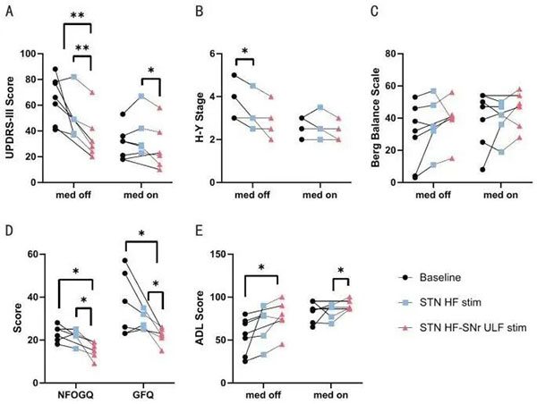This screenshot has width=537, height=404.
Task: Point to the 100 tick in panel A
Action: pos(35,54)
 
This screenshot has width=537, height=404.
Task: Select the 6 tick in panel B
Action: pos(222,54)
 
